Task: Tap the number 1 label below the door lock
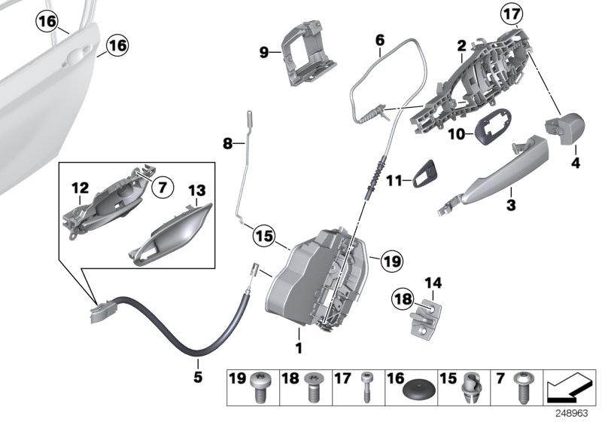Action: tap(299, 349)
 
